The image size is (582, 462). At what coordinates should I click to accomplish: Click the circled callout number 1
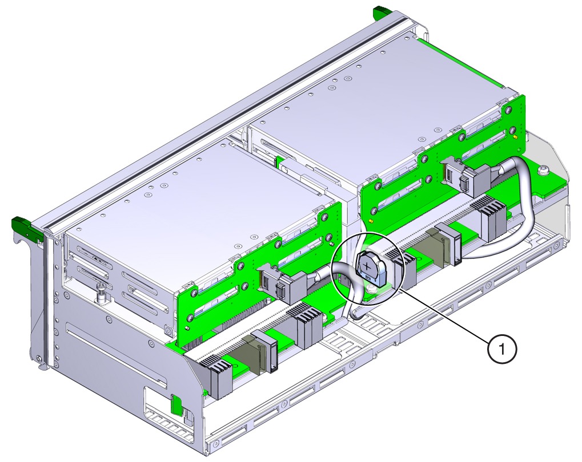point(502,349)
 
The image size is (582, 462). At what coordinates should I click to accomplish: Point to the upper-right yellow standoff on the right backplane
point(515,137)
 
